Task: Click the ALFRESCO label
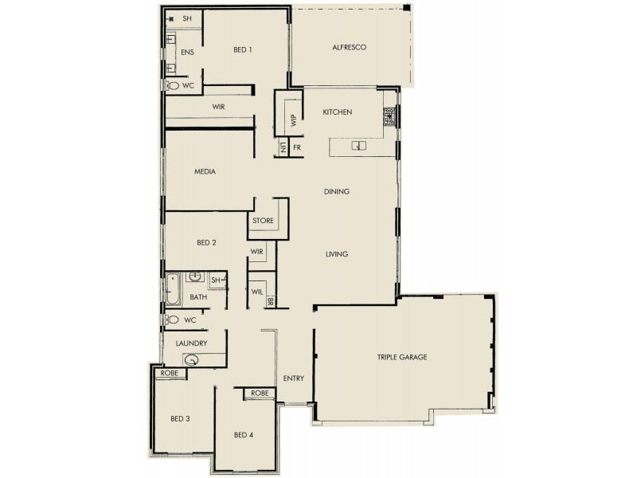coord(349,49)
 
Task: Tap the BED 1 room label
coord(243,49)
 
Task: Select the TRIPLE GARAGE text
coord(402,358)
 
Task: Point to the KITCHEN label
coord(337,113)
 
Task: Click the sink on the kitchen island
coord(360,146)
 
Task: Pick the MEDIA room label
coord(205,171)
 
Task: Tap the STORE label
coord(264,221)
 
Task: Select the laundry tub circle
coord(191,360)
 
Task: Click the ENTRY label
coord(294,378)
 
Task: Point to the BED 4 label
coord(244,435)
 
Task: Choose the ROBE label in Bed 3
coord(168,373)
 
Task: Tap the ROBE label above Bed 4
coord(260,394)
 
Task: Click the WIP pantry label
coord(293,120)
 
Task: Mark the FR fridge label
coord(297,147)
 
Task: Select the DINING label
coord(337,192)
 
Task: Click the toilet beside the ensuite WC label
coord(171,84)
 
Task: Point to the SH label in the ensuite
coord(187,18)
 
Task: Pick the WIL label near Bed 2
coord(256,292)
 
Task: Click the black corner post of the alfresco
coord(407,9)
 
